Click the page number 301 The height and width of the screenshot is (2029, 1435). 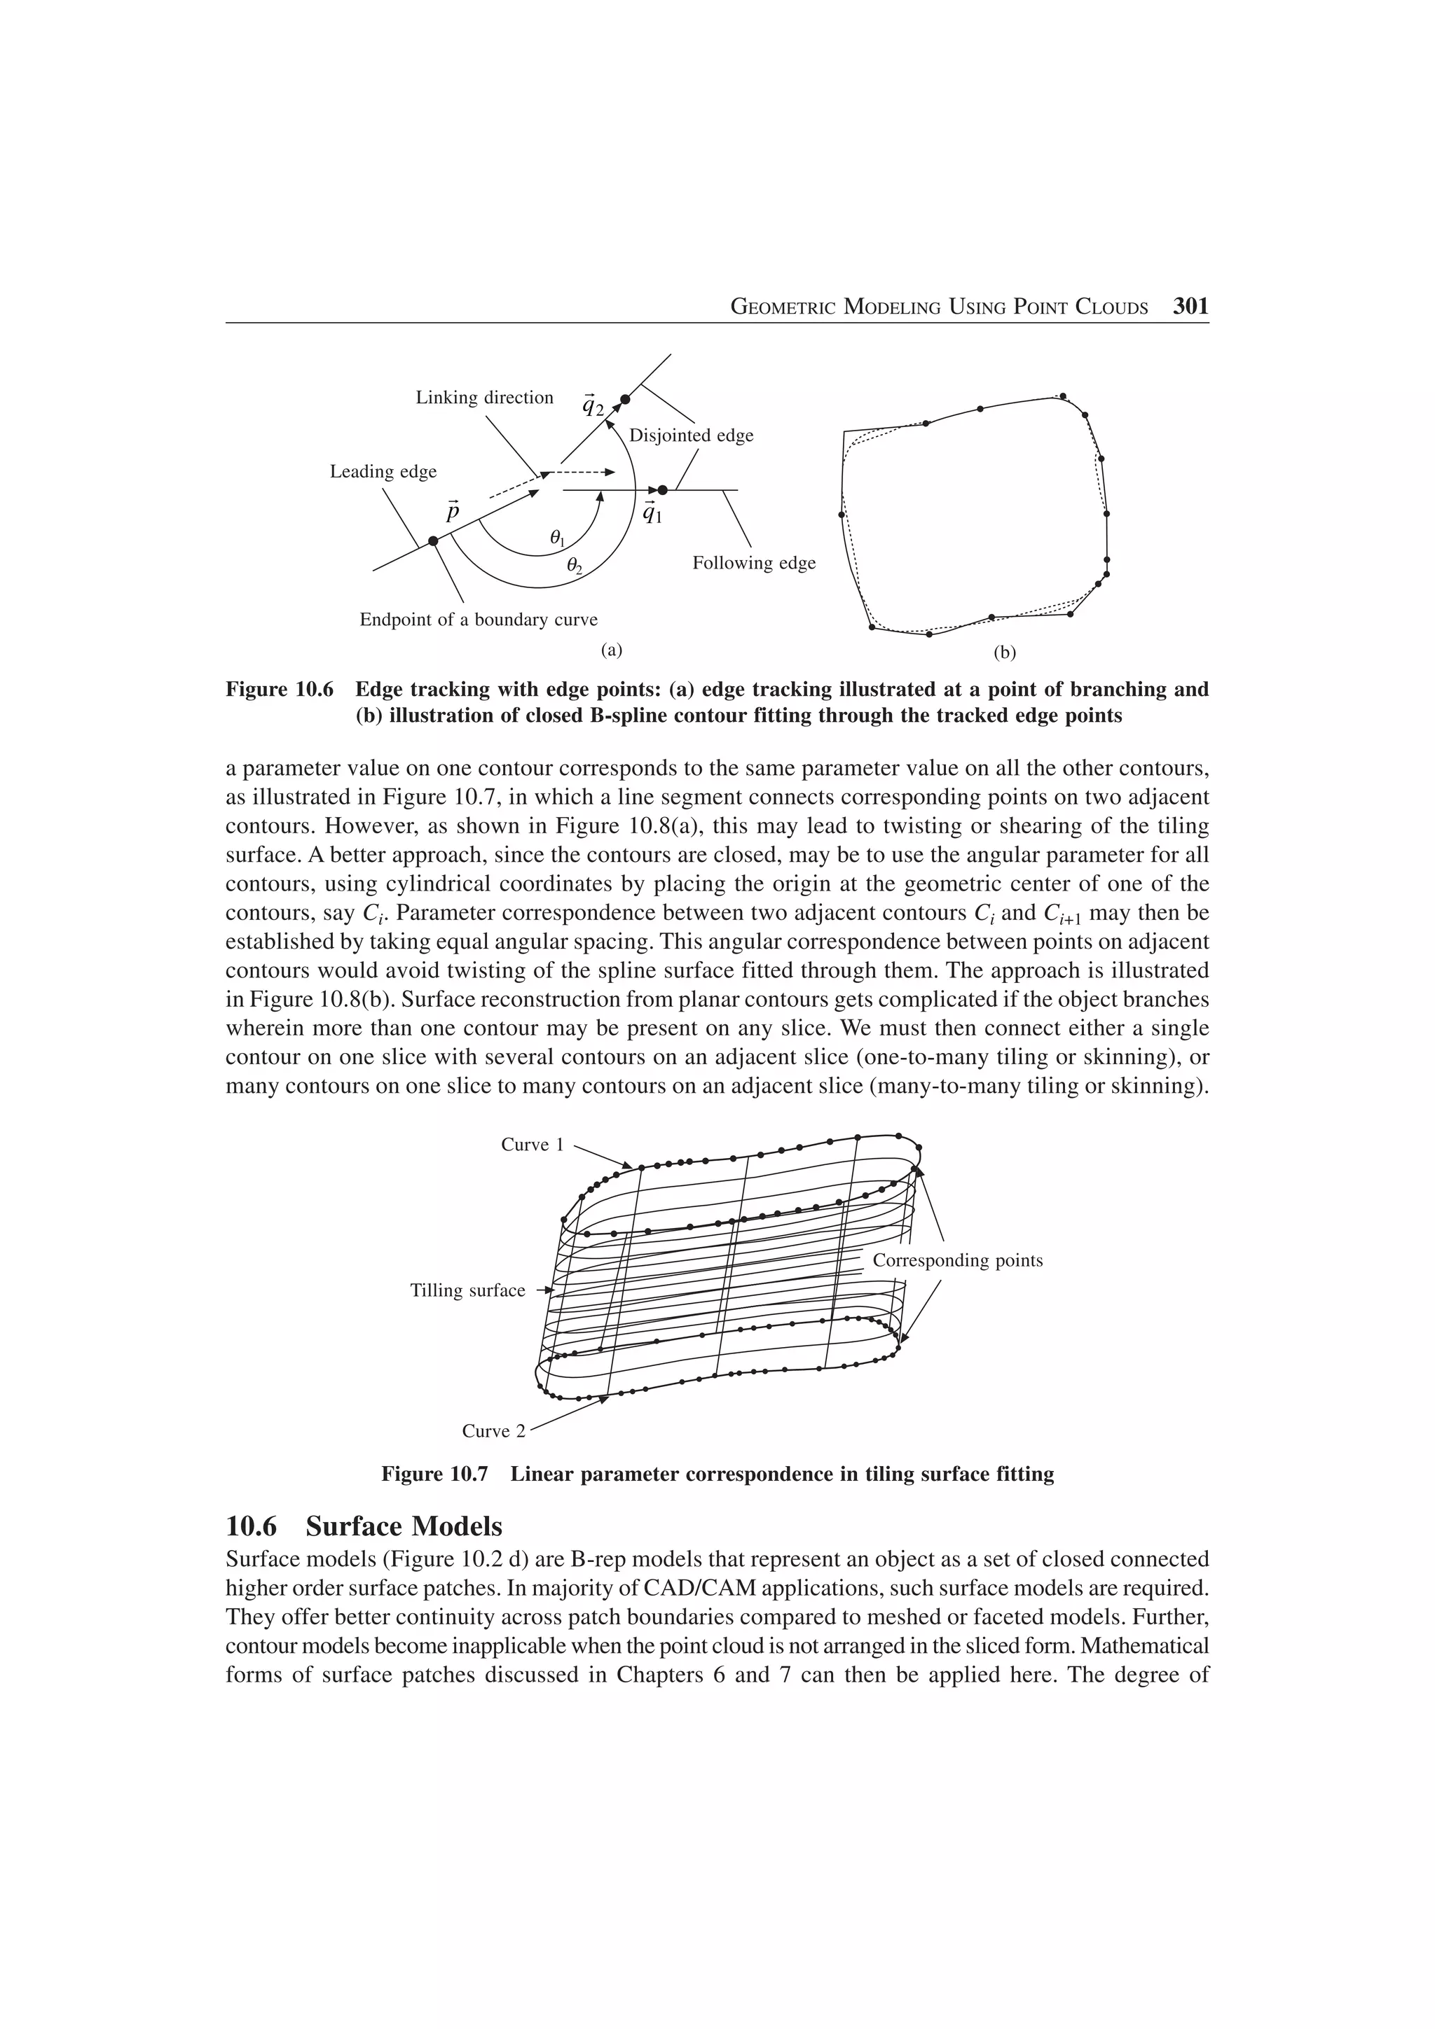point(1189,307)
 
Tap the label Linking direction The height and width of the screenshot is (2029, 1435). point(484,398)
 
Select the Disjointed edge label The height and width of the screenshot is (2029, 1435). point(691,435)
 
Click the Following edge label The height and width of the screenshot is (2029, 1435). point(753,563)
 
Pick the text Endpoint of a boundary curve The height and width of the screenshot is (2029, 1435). point(479,620)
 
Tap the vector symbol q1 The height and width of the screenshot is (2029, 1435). point(652,512)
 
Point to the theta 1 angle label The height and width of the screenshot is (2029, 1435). point(557,537)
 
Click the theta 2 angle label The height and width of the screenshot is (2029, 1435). point(574,566)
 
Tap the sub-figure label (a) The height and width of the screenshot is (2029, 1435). point(611,650)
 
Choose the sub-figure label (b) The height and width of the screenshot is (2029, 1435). point(1004,653)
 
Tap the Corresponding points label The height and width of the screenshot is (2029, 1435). point(958,1260)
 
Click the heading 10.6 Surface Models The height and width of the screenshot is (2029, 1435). point(364,1526)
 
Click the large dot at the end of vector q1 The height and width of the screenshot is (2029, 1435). point(662,489)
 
